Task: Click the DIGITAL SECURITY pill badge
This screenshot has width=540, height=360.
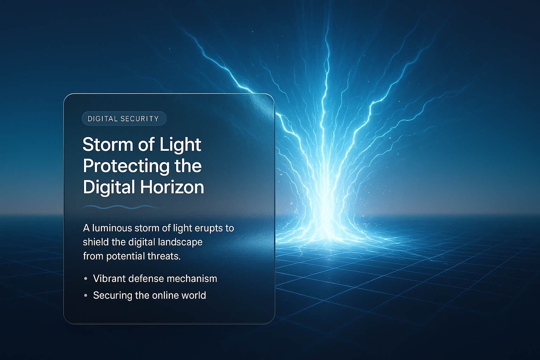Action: [124, 118]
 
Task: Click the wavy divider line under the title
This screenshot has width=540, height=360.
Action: [123, 207]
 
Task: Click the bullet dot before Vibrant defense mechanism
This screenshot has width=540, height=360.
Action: [86, 279]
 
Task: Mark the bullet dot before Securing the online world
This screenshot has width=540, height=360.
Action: [86, 296]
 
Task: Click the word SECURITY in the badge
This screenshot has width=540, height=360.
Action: [140, 119]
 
